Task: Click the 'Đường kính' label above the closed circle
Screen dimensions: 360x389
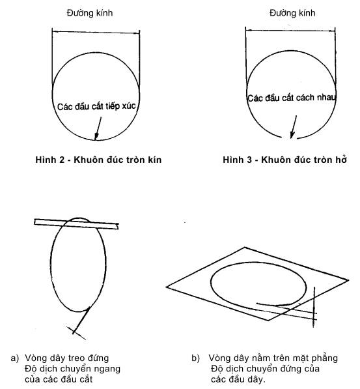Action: [x=90, y=13]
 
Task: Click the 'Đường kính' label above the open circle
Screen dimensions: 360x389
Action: [x=292, y=13]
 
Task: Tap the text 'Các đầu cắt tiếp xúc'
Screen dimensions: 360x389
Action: [x=96, y=106]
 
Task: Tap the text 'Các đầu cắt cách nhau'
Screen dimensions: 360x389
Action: [x=292, y=98]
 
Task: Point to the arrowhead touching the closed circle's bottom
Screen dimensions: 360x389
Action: [x=96, y=137]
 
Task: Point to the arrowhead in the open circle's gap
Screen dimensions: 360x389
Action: [x=292, y=136]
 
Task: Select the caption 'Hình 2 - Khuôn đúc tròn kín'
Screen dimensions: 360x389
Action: [x=98, y=160]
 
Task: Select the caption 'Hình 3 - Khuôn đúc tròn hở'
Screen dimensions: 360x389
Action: [x=284, y=160]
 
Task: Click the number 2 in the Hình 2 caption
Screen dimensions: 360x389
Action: [x=61, y=160]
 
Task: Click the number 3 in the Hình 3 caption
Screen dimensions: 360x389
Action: [x=249, y=160]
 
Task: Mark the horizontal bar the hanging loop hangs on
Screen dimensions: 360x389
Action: [x=76, y=224]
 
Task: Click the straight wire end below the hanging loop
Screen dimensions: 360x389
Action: [x=81, y=321]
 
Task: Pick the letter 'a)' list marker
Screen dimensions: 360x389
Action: [x=14, y=358]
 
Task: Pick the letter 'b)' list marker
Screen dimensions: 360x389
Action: [x=195, y=358]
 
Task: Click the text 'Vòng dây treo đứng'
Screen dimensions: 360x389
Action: [x=66, y=358]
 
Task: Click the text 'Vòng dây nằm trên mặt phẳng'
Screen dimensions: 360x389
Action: [x=273, y=358]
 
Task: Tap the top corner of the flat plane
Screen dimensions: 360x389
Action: [x=245, y=248]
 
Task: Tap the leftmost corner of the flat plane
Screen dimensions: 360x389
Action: [x=167, y=287]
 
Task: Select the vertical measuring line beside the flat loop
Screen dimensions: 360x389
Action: [x=314, y=307]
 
